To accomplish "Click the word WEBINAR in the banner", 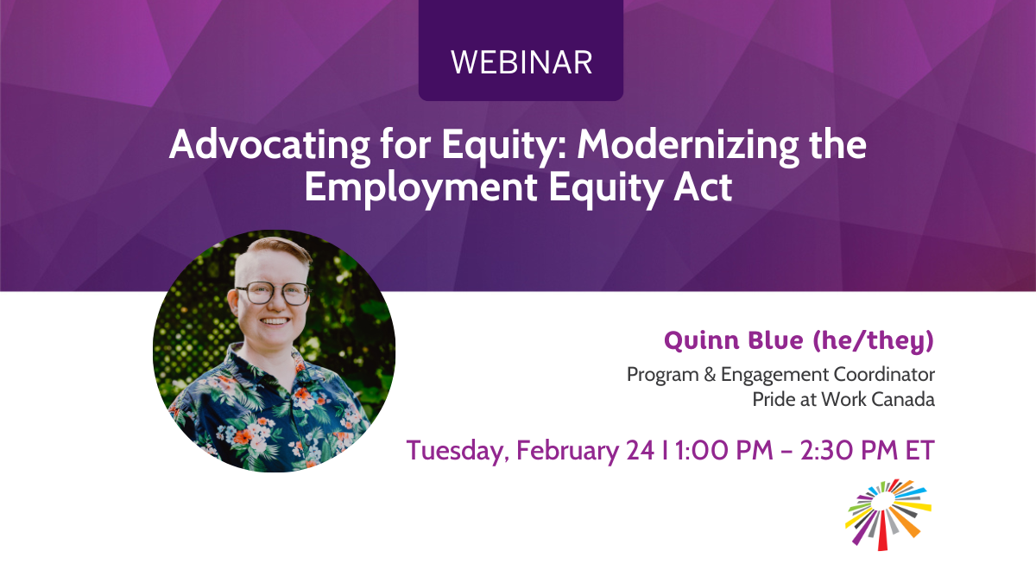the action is tap(521, 62).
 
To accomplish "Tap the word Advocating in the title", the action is tap(269, 145).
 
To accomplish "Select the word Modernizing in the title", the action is tap(688, 145).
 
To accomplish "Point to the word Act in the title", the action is tap(703, 187).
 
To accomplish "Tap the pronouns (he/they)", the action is tap(873, 341).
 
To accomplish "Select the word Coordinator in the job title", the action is tap(884, 374).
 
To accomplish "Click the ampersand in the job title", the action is tap(710, 374).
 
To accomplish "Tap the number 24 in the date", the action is tap(640, 450).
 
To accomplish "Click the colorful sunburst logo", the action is tap(888, 515).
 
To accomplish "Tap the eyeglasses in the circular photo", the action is tap(274, 294).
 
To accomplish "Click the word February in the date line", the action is tap(567, 451).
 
